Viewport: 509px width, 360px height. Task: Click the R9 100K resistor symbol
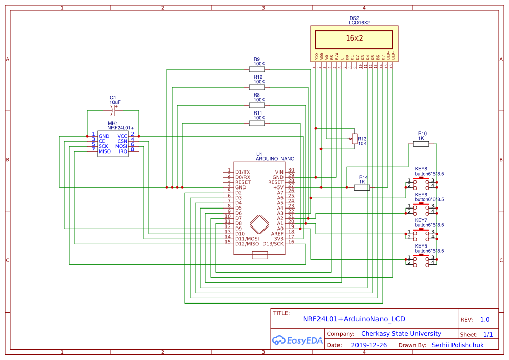click(x=257, y=69)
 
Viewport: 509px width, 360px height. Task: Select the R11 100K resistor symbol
click(x=257, y=123)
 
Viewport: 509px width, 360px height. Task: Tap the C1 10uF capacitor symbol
click(x=112, y=111)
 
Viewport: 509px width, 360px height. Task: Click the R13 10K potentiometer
click(x=354, y=138)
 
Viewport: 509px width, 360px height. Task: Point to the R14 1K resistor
click(x=362, y=187)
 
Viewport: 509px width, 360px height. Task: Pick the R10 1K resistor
click(x=421, y=144)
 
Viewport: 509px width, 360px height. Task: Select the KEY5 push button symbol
click(x=421, y=260)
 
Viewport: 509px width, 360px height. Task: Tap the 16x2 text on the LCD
click(x=354, y=38)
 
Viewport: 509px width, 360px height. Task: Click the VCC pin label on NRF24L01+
click(x=122, y=136)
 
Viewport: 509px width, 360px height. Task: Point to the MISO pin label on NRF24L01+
click(x=105, y=151)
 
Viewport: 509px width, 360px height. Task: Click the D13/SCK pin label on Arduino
click(x=273, y=244)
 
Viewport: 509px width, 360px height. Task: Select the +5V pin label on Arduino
click(x=278, y=187)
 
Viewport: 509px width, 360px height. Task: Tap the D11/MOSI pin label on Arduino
click(x=247, y=239)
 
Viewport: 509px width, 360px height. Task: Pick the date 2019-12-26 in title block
click(x=369, y=345)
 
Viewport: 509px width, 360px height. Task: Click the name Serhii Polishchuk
click(x=458, y=345)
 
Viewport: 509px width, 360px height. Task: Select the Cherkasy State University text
click(x=401, y=333)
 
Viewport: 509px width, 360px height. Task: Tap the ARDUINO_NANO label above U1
click(x=275, y=159)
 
